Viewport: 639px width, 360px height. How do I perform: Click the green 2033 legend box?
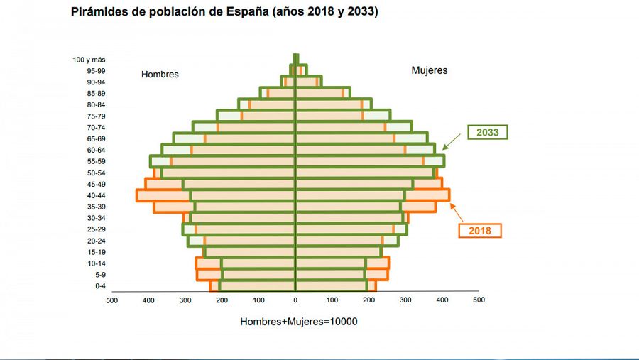point(487,133)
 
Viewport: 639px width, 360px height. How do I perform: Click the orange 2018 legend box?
point(479,231)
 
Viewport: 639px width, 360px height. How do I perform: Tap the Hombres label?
point(160,75)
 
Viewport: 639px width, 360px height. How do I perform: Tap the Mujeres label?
point(430,71)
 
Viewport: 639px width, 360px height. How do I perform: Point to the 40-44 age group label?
point(96,195)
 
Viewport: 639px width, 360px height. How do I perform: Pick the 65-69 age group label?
point(96,138)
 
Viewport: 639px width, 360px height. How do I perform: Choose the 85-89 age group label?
point(96,94)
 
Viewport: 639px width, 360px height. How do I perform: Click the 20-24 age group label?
point(96,241)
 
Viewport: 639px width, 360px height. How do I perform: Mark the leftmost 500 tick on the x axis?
point(111,300)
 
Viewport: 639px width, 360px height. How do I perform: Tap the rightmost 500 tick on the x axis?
point(479,300)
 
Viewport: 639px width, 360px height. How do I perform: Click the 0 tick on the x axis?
point(295,300)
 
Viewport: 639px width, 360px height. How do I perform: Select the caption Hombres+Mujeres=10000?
point(298,322)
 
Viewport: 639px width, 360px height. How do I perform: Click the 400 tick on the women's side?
point(442,300)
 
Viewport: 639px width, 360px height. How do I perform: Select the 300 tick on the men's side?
point(185,300)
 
